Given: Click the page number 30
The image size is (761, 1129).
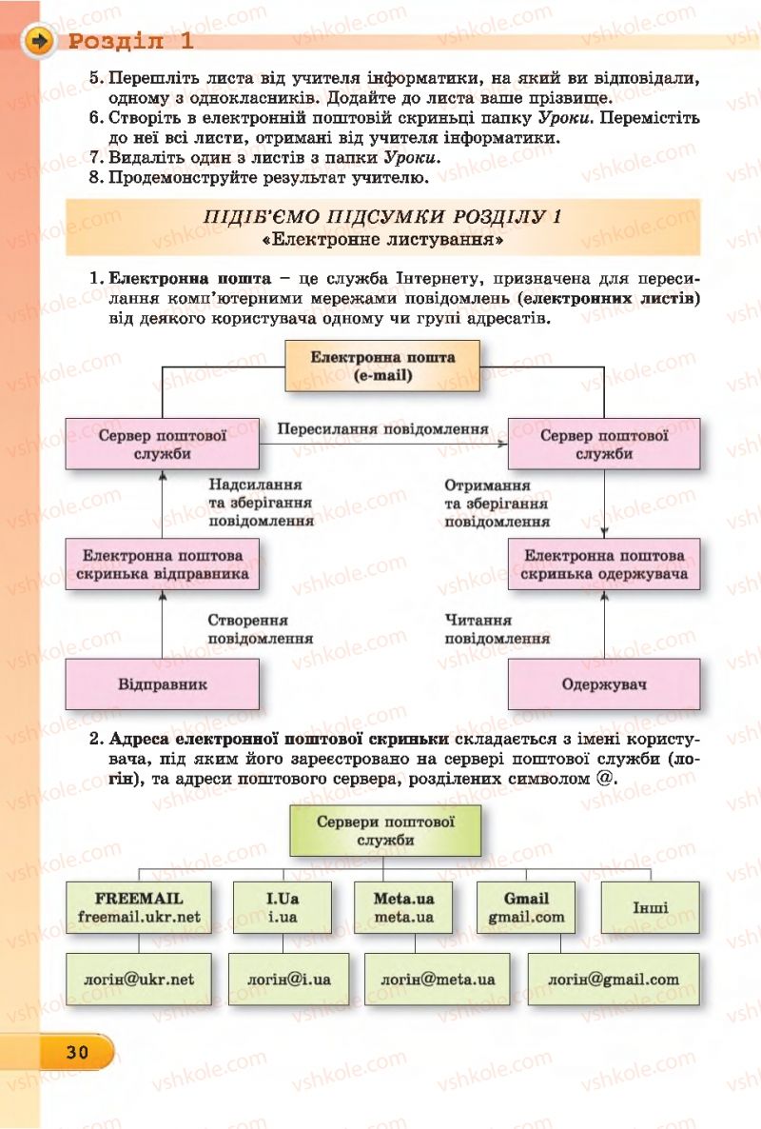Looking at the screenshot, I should (77, 1052).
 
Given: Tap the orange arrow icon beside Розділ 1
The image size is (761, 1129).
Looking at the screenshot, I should (39, 42).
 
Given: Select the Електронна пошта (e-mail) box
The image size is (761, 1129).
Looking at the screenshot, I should (382, 366).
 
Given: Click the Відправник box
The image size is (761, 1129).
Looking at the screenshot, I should (163, 684).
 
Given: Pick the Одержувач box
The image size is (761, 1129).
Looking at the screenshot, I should (604, 684).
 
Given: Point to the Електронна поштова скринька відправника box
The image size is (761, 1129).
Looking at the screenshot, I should (163, 564).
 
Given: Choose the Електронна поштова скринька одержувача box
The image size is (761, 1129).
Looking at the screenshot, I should (604, 564).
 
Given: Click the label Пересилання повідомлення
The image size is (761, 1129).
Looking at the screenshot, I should (382, 428).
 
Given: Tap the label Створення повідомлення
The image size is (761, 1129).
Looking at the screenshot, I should (260, 629).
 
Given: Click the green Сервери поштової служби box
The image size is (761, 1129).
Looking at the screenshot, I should (385, 831).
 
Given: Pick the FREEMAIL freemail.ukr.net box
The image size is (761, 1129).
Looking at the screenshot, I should (139, 907).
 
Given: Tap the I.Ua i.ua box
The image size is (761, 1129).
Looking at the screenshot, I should (282, 907).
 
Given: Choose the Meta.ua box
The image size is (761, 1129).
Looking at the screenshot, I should (403, 907).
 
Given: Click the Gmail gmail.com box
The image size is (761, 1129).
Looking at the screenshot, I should (526, 907).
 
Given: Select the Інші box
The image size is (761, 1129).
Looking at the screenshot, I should (650, 907).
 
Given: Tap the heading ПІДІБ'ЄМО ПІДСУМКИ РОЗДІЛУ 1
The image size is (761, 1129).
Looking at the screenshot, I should (382, 216).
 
